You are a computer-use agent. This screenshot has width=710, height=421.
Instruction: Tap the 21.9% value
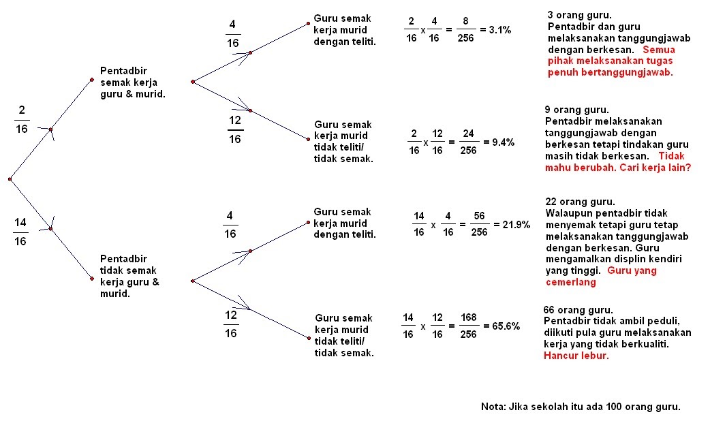[512, 225]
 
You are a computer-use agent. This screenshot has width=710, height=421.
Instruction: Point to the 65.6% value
[502, 326]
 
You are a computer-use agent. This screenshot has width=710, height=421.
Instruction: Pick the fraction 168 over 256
[468, 326]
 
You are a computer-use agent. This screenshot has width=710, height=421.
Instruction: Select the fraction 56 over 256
[479, 225]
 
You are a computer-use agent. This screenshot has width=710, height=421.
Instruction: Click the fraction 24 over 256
[468, 142]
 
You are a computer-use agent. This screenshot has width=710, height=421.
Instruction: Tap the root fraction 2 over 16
[21, 119]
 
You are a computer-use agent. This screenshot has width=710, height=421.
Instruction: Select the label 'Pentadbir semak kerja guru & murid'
[132, 82]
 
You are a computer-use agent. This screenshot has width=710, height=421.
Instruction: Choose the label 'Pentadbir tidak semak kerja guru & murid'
[130, 276]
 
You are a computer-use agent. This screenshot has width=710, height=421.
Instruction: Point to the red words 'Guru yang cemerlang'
[600, 276]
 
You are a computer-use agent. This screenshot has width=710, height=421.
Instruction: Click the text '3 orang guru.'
[578, 14]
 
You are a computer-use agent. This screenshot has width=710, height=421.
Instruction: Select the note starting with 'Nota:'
[581, 407]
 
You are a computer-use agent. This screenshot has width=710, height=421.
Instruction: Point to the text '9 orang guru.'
[576, 110]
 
